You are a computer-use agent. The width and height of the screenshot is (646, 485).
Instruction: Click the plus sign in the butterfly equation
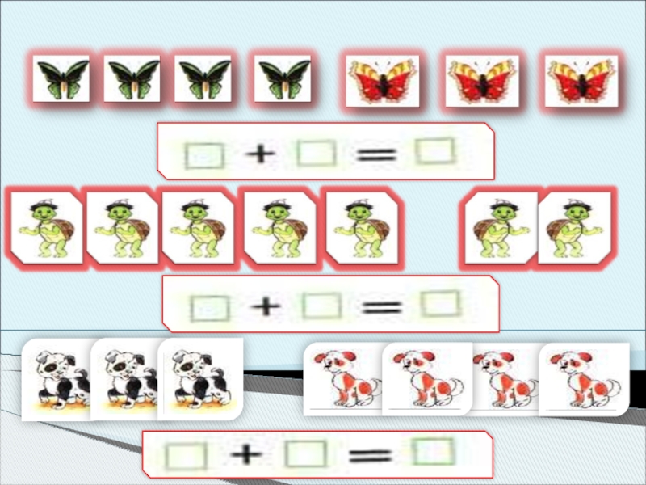[260, 154]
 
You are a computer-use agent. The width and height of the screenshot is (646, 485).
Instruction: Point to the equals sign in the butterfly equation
[376, 154]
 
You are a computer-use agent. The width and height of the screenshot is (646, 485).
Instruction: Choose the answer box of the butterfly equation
[435, 151]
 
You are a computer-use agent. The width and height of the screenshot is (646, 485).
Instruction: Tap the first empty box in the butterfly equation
[204, 155]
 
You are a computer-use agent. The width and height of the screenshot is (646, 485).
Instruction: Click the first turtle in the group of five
[47, 228]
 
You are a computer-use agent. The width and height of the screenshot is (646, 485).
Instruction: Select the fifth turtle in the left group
[363, 228]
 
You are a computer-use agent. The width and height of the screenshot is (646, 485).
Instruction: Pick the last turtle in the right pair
[573, 228]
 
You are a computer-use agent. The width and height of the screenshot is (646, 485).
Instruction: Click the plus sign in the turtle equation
[266, 306]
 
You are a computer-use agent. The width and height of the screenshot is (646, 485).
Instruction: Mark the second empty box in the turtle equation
[321, 306]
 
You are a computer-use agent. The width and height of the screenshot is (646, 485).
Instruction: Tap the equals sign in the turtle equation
[382, 307]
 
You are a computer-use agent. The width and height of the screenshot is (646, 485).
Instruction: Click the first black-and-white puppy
[57, 379]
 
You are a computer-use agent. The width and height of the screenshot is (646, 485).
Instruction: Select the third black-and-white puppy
[200, 379]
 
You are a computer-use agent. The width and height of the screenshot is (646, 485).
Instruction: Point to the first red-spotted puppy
[343, 379]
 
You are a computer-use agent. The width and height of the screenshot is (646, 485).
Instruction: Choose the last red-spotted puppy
[584, 379]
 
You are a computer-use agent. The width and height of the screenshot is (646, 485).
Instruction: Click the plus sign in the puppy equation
[246, 454]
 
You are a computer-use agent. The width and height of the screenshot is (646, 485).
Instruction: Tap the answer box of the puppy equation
[433, 451]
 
